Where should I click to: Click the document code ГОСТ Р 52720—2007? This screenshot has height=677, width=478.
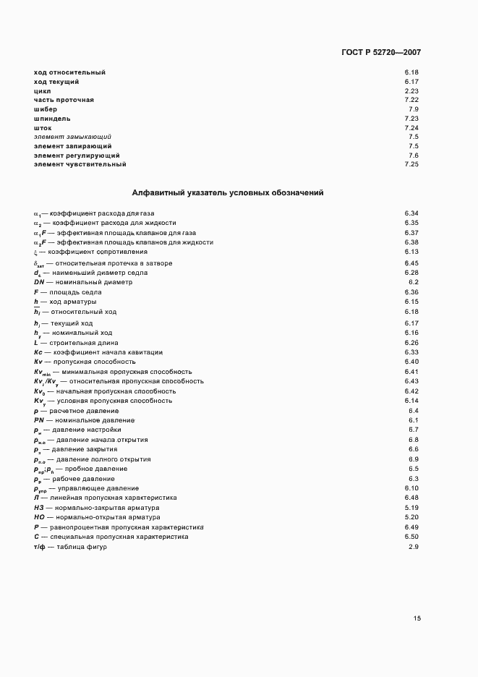pyautogui.click(x=380, y=53)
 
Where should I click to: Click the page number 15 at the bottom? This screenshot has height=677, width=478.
pyautogui.click(x=417, y=618)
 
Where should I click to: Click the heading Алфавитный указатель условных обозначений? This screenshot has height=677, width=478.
pyautogui.click(x=228, y=193)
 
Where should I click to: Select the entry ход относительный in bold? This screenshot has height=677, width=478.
pyautogui.click(x=69, y=72)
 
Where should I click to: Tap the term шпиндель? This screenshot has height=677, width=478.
pyautogui.click(x=52, y=118)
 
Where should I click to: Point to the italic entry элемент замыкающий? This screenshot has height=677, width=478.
pyautogui.click(x=72, y=137)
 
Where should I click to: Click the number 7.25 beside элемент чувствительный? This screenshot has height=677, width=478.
pyautogui.click(x=411, y=164)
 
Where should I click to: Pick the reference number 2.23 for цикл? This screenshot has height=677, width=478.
pyautogui.click(x=411, y=90)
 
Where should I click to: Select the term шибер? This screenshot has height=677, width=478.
pyautogui.click(x=46, y=108)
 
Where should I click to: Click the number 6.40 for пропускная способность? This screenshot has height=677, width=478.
pyautogui.click(x=411, y=361)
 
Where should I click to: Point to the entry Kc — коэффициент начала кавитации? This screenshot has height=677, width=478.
pyautogui.click(x=95, y=352)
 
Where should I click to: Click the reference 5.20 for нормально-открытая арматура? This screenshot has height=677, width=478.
pyautogui.click(x=411, y=517)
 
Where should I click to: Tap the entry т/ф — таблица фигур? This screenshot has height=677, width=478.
pyautogui.click(x=70, y=547)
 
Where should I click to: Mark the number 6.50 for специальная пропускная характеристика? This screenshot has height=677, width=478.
pyautogui.click(x=411, y=537)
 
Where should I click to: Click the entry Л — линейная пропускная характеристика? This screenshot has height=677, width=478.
pyautogui.click(x=105, y=498)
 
